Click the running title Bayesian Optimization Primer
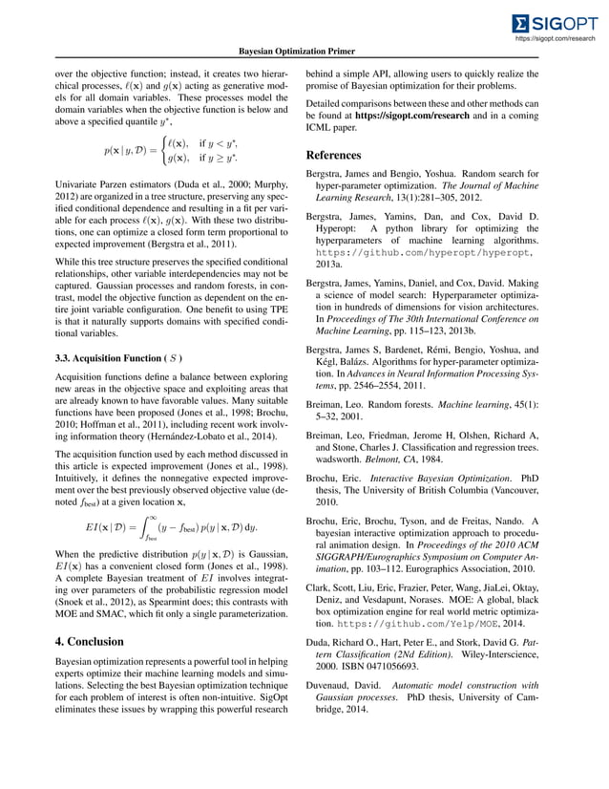pyautogui.click(x=304, y=51)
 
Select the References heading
pyautogui.click(x=333, y=155)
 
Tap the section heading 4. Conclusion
pyautogui.click(x=95, y=642)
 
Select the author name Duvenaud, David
pyautogui.click(x=348, y=711)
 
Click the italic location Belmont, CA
pyautogui.click(x=402, y=458)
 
